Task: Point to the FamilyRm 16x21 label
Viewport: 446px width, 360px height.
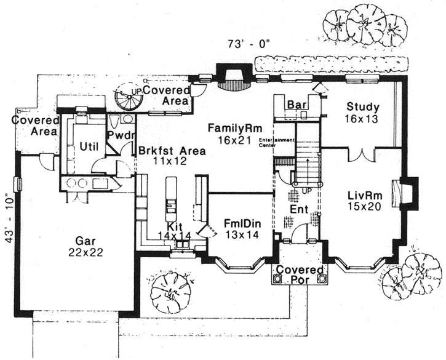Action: click(235, 134)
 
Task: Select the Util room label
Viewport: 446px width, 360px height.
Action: click(90, 145)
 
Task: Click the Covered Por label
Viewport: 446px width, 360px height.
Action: click(299, 275)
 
